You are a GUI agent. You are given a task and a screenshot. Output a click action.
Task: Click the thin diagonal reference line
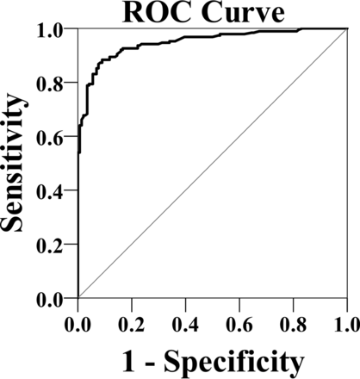[x=212, y=164]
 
